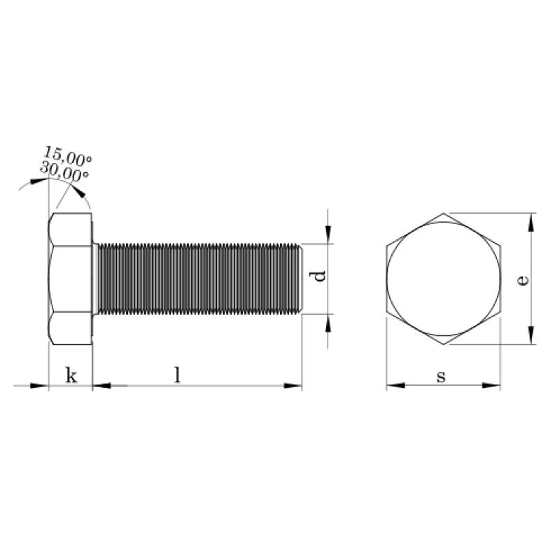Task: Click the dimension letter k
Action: (x=71, y=375)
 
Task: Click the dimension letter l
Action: (x=178, y=375)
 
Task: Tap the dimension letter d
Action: (x=318, y=276)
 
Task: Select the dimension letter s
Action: (x=442, y=377)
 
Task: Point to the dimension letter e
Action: (x=522, y=281)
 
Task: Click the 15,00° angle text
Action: (x=67, y=155)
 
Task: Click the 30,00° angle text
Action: (x=64, y=171)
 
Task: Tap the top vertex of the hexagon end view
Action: (x=444, y=213)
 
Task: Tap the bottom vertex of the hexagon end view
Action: (x=444, y=344)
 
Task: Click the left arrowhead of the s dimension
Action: (x=395, y=386)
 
